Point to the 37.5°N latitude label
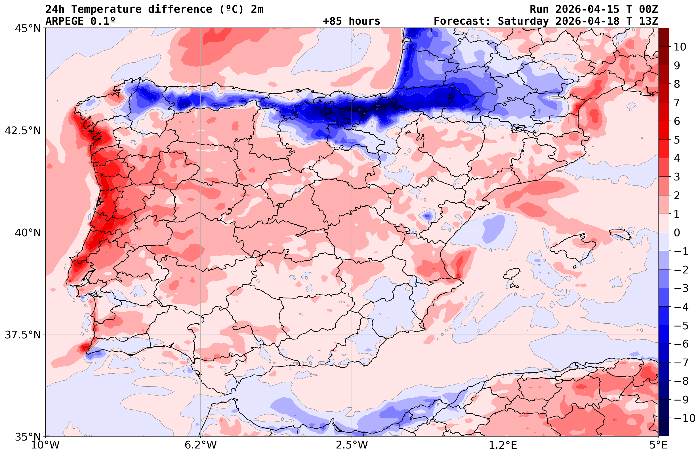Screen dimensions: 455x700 point(23,335)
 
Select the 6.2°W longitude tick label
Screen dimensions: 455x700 point(200,445)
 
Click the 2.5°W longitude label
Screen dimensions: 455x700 point(352,445)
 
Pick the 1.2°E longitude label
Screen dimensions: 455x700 point(503,445)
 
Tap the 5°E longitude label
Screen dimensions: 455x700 point(658,445)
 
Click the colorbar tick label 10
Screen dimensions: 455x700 point(680,47)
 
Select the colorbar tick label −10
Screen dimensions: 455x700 point(683,418)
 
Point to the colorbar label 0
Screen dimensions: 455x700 point(677,233)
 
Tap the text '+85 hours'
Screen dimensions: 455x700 point(352,21)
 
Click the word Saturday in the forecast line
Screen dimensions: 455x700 point(523,21)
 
